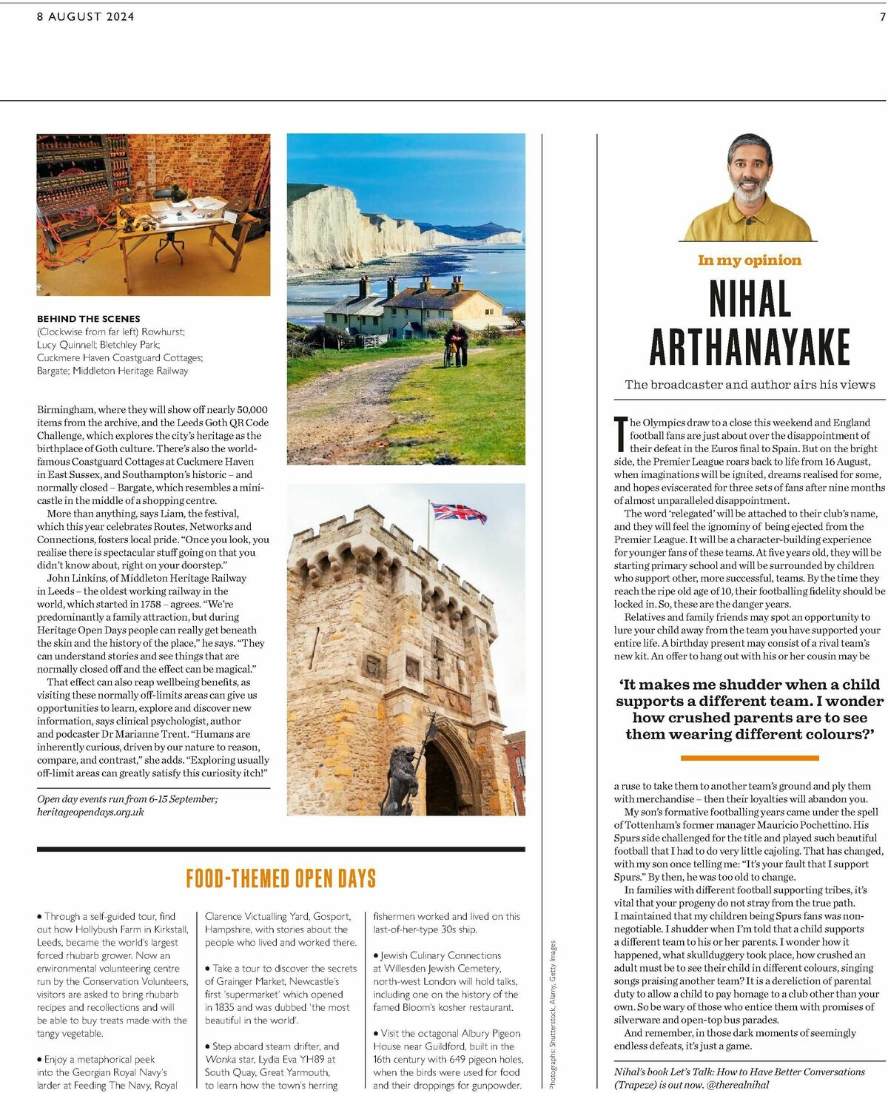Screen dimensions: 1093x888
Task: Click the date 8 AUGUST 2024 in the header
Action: click(x=86, y=16)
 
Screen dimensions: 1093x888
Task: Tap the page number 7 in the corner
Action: click(x=882, y=16)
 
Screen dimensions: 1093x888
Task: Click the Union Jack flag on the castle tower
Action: click(x=458, y=512)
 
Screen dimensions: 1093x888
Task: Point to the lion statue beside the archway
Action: click(x=401, y=777)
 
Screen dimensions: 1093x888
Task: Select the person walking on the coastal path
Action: click(x=457, y=346)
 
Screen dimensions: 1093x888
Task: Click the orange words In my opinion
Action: click(x=750, y=260)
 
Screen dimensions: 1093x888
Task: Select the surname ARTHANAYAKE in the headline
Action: click(x=750, y=346)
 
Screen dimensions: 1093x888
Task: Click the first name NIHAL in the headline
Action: click(x=750, y=300)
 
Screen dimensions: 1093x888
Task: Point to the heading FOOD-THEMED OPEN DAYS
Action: click(x=281, y=878)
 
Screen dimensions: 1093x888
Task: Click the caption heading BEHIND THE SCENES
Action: click(x=89, y=318)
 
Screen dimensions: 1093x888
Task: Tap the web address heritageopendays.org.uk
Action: click(x=90, y=812)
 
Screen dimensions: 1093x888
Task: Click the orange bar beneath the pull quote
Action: click(x=750, y=758)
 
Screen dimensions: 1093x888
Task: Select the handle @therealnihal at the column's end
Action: click(x=739, y=1084)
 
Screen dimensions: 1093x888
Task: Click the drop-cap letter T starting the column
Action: click(x=621, y=434)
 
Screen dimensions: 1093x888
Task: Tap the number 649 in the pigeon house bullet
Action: click(x=457, y=1059)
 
